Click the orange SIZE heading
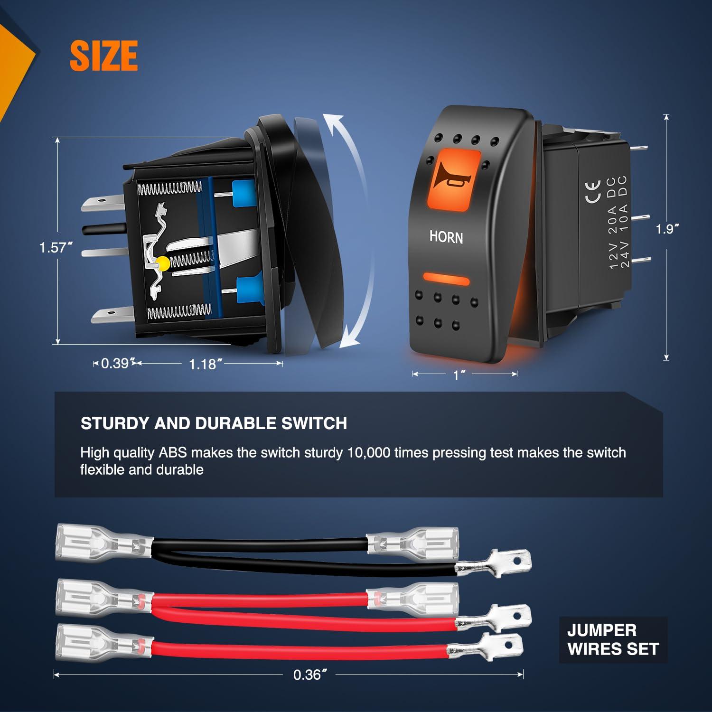(x=104, y=56)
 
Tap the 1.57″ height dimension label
(x=56, y=248)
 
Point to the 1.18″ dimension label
(x=206, y=364)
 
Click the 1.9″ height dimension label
(x=667, y=229)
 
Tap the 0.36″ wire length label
(x=310, y=675)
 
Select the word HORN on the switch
(x=446, y=236)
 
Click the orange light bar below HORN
(x=445, y=280)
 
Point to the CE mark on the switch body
(x=593, y=192)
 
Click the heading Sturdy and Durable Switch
(x=214, y=423)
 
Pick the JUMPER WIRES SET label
(x=613, y=639)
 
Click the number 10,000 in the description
(x=369, y=452)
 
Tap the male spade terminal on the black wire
(x=494, y=563)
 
